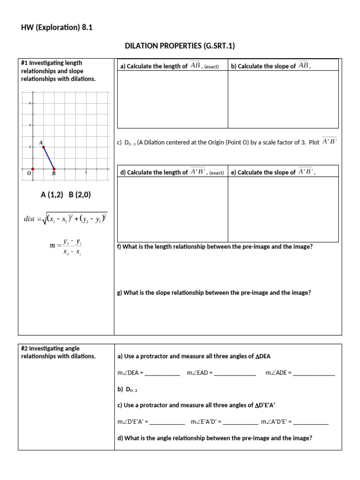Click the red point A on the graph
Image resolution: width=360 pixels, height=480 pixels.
43,147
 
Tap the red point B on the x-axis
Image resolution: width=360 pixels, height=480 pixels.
54,169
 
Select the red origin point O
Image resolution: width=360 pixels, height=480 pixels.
32,169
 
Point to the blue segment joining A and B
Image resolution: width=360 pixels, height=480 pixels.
49,158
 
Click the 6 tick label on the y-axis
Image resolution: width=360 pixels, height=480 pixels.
30,103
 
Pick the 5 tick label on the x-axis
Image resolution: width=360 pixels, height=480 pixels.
86,172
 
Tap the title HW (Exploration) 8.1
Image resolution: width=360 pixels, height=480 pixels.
57,27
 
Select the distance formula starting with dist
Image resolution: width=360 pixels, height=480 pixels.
66,219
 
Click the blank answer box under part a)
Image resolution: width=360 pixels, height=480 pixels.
172,99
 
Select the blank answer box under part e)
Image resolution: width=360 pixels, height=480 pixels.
283,209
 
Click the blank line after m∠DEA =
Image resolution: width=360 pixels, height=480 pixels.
163,373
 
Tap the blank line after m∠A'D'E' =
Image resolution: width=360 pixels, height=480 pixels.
311,422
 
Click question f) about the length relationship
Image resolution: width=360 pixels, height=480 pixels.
215,247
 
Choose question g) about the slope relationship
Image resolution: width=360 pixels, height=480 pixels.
214,292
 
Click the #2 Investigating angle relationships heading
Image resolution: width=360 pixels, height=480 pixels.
58,352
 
